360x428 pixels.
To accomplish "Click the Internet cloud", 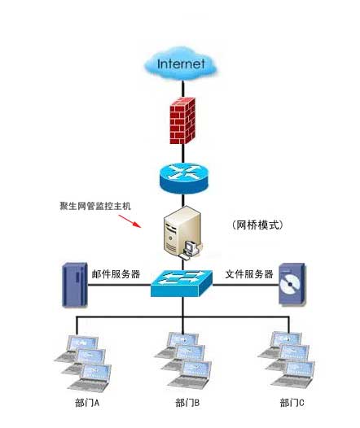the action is click(x=181, y=63).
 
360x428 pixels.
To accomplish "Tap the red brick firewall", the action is click(x=182, y=120).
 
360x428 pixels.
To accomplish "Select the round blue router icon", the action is click(x=183, y=178).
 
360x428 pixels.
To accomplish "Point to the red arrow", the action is click(x=130, y=221).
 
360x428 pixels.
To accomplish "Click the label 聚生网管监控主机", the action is click(x=95, y=206).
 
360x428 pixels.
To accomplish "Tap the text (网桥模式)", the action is click(x=258, y=225).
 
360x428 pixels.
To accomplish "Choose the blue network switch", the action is click(x=182, y=283).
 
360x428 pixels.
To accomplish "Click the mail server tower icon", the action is click(x=75, y=285).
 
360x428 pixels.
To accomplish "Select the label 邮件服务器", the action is click(x=116, y=274).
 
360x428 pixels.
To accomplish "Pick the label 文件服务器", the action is click(x=249, y=273).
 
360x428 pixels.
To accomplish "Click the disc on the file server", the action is click(x=290, y=285).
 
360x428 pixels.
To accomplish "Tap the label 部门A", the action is click(x=87, y=403).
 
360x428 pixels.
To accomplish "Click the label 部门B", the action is click(x=187, y=403).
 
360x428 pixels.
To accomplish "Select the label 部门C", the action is click(x=292, y=403).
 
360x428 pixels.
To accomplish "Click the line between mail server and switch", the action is click(x=120, y=285).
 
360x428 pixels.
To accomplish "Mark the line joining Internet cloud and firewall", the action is click(x=183, y=89).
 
